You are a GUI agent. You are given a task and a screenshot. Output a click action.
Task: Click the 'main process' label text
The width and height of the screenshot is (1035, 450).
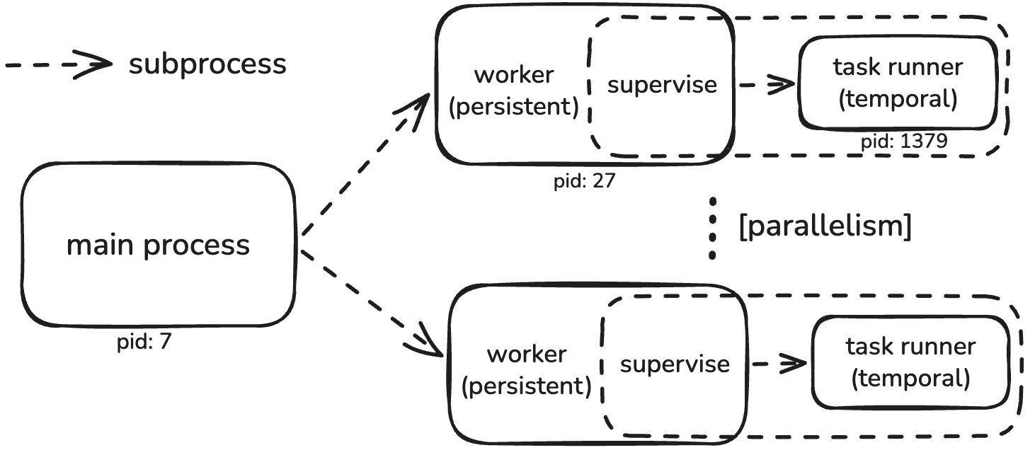(158, 246)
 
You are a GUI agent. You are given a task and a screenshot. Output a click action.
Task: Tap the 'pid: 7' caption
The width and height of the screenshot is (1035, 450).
(144, 342)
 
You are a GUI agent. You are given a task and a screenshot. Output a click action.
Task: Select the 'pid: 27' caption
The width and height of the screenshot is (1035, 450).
(585, 181)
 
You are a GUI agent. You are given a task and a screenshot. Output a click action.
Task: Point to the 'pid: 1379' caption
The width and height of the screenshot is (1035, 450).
(904, 141)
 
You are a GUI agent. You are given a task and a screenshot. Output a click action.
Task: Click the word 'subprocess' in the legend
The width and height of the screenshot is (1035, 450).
(207, 64)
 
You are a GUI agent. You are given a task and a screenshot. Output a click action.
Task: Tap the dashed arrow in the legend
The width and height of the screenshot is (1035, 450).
(59, 64)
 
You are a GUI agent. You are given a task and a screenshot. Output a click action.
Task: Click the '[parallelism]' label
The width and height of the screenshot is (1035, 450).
(825, 226)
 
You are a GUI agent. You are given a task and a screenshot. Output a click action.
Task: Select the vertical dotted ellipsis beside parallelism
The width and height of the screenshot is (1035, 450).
(712, 229)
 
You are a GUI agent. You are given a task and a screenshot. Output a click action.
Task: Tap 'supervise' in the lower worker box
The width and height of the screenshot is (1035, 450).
(675, 365)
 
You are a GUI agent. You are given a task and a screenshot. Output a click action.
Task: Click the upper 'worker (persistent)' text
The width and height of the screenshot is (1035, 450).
(514, 91)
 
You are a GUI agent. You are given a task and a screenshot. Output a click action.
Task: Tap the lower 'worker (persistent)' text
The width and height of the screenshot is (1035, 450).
(527, 370)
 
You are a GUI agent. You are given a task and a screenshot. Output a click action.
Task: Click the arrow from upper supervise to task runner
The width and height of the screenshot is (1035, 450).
(767, 84)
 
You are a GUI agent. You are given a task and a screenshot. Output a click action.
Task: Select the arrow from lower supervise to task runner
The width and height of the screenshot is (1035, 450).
(779, 364)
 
